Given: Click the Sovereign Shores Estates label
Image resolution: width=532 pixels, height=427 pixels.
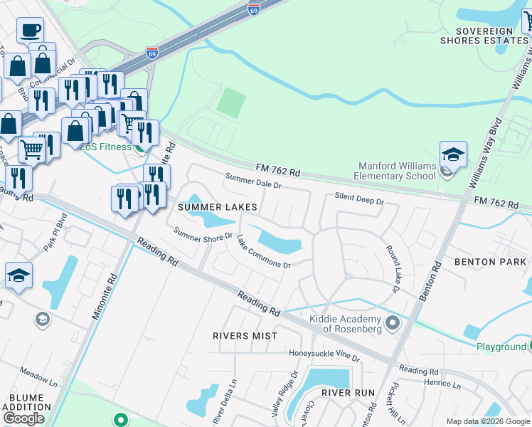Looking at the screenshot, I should pos(484,36).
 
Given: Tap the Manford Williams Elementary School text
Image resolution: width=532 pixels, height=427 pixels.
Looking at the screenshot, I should pos(395,171).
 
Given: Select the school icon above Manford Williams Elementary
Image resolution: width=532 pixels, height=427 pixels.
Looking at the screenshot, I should pos(453,154).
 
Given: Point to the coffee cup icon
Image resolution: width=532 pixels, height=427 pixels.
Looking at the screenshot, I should pos(30,31).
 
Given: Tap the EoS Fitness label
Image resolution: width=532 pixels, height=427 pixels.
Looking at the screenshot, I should pos(105,147).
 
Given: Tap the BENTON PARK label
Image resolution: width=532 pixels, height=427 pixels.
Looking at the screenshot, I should pos(496,262).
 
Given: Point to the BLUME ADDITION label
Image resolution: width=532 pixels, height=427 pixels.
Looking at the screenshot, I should pos(26,402).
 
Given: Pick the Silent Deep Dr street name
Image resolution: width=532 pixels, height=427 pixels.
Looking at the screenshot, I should pos(359,200).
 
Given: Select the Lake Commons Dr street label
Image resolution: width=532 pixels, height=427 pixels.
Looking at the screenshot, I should pos(263,252).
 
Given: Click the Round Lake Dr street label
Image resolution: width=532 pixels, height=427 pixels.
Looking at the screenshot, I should pos(393,270).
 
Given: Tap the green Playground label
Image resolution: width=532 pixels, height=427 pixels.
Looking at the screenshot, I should pos(501,347).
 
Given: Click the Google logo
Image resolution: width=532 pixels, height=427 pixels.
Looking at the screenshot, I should pos(24,418).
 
